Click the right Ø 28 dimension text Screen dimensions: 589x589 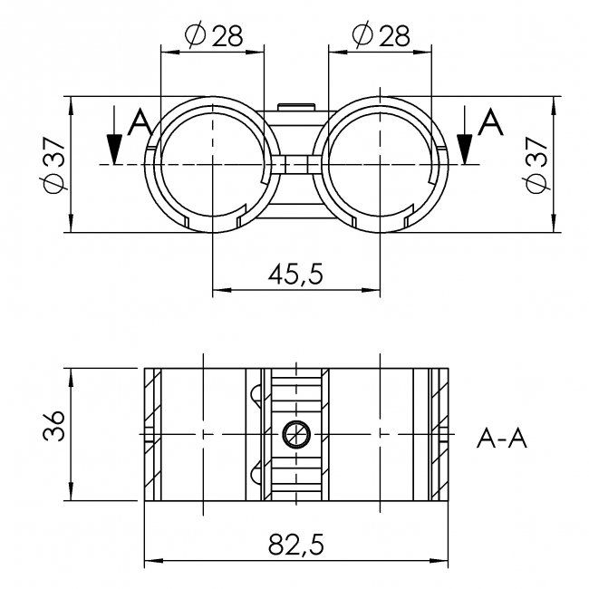coord(380,35)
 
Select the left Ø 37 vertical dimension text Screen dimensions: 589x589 coord(51,164)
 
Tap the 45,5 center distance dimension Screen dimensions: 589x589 coord(295,273)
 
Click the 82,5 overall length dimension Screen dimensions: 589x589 coord(295,544)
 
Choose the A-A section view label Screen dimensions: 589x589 coord(501,439)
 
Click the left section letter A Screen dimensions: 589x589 coord(140,122)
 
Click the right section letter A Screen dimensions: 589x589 coord(489,122)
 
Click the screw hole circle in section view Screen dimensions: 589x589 coord(295,435)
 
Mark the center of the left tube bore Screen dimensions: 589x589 coord(211,164)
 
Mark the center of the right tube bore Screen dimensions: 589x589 coord(380,164)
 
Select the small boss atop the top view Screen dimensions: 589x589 coord(295,108)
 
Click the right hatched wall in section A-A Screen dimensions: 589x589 coord(440,434)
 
